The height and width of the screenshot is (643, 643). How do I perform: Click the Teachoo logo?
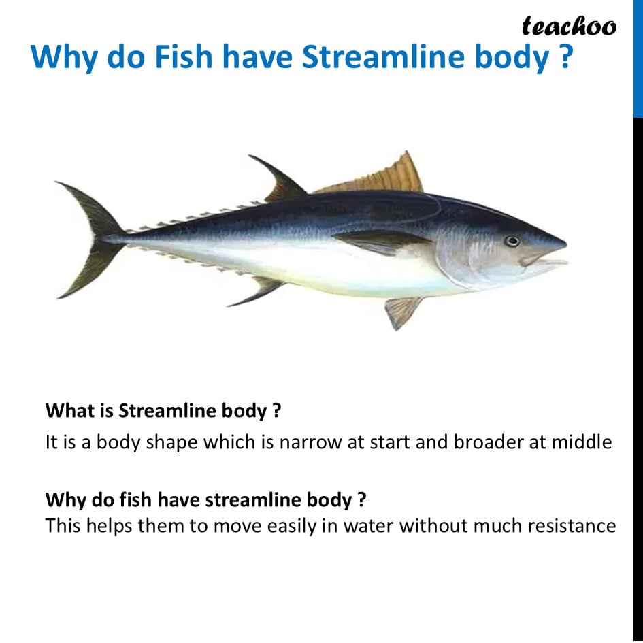tap(569, 27)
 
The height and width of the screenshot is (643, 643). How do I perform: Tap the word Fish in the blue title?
tap(183, 56)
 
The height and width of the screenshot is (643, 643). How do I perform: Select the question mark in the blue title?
tap(564, 56)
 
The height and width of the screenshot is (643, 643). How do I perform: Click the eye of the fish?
tap(512, 241)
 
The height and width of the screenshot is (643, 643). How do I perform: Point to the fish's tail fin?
tap(91, 240)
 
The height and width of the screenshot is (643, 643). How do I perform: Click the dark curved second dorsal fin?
tap(279, 179)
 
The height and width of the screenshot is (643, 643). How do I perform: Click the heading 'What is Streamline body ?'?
tap(163, 411)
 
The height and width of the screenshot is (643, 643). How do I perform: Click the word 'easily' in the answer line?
tap(292, 527)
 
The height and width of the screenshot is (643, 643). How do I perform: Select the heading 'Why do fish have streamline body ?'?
tap(205, 500)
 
